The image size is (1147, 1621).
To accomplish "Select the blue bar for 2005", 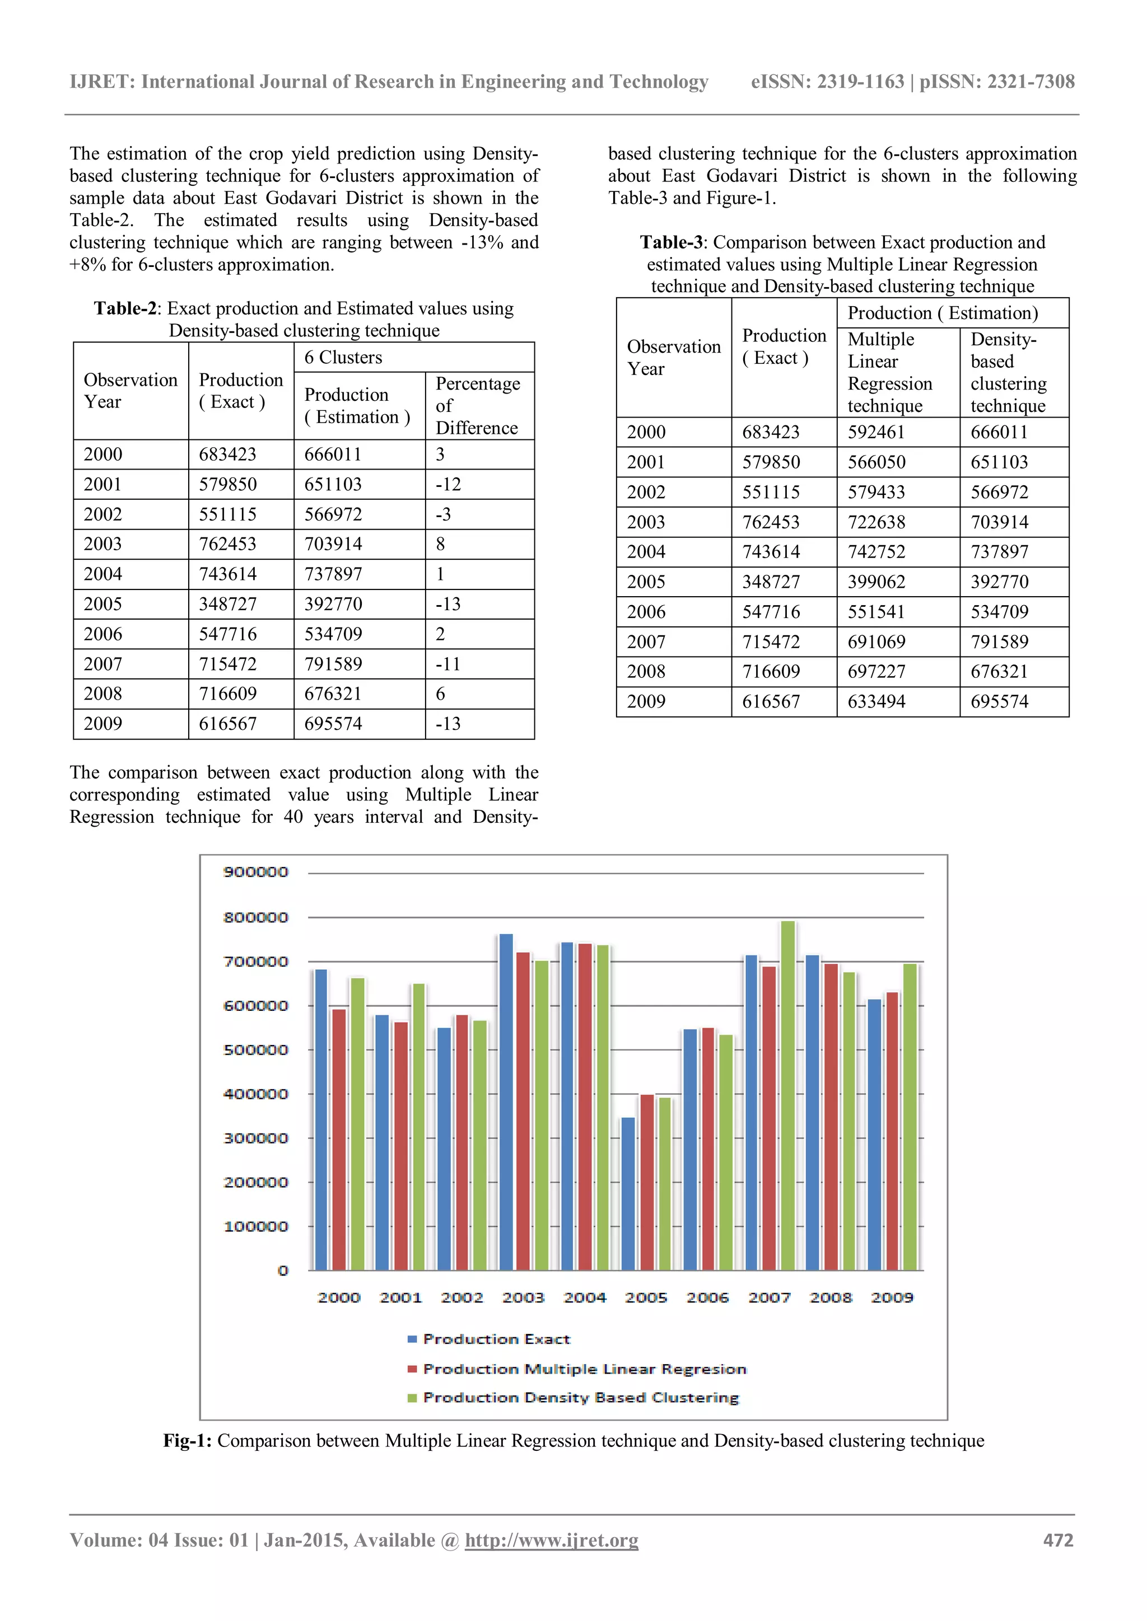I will pos(628,1194).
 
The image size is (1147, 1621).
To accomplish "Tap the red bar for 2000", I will pos(339,1140).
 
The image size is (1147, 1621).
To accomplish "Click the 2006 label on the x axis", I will pos(707,1297).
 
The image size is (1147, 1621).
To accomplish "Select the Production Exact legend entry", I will pos(496,1339).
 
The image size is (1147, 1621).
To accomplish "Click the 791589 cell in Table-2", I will pos(333,664).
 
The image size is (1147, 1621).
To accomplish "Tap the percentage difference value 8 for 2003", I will pos(441,544).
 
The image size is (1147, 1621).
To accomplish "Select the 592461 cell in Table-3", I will pos(876,432).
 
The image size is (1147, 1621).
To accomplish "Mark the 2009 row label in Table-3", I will pos(646,702).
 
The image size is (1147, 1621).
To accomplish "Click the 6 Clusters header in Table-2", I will pos(343,358).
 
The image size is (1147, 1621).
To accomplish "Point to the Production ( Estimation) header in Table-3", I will pos(942,313).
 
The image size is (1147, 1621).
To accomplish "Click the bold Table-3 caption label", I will pos(671,243).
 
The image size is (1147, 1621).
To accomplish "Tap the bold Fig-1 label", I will pos(187,1441).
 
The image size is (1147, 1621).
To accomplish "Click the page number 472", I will pos(1058,1540).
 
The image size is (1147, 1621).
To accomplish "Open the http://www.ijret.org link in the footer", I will pos(551,1540).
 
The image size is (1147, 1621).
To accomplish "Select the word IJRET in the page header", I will pos(102,82).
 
